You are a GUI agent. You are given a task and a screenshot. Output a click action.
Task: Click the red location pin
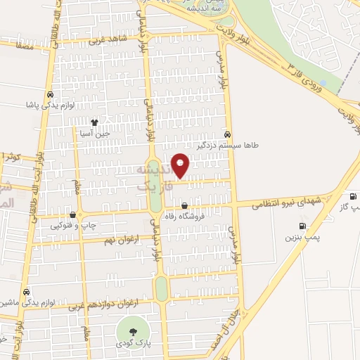coord(181,165)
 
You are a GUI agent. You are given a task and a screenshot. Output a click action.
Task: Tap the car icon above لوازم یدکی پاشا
coord(50,94)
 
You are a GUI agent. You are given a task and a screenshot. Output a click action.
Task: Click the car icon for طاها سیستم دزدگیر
coord(226,134)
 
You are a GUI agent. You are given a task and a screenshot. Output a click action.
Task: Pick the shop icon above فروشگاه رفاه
coord(184,207)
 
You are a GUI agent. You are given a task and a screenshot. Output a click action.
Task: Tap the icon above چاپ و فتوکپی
coord(72,215)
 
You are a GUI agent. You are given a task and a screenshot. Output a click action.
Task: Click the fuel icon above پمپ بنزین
coord(302,226)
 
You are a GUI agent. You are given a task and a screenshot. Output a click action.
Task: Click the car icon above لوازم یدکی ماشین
coord(26,292)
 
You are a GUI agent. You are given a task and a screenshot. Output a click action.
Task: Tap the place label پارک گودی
coord(131,346)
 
